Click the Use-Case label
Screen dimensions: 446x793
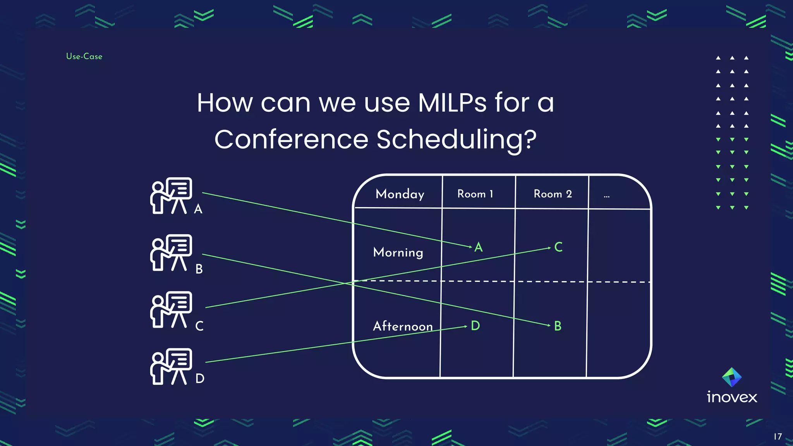coord(84,57)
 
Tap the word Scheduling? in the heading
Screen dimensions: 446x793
coord(457,139)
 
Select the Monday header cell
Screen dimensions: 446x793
coord(400,194)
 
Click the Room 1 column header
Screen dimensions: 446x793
coord(475,194)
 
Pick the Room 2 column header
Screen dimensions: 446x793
coord(553,194)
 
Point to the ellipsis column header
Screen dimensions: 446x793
coord(606,196)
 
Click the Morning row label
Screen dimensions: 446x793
coord(398,252)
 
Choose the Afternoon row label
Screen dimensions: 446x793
coord(403,326)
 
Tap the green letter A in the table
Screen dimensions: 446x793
coord(479,247)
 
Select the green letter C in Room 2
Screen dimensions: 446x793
coord(558,247)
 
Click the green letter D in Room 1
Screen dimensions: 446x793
coord(475,326)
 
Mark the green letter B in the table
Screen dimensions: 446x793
coord(558,326)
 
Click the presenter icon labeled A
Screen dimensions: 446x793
coord(171,196)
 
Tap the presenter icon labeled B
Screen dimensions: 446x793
coord(171,252)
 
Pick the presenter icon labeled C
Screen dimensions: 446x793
coord(171,309)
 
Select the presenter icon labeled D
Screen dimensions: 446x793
coord(171,366)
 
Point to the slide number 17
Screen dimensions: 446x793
coord(778,437)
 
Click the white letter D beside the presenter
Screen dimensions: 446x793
coord(200,378)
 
